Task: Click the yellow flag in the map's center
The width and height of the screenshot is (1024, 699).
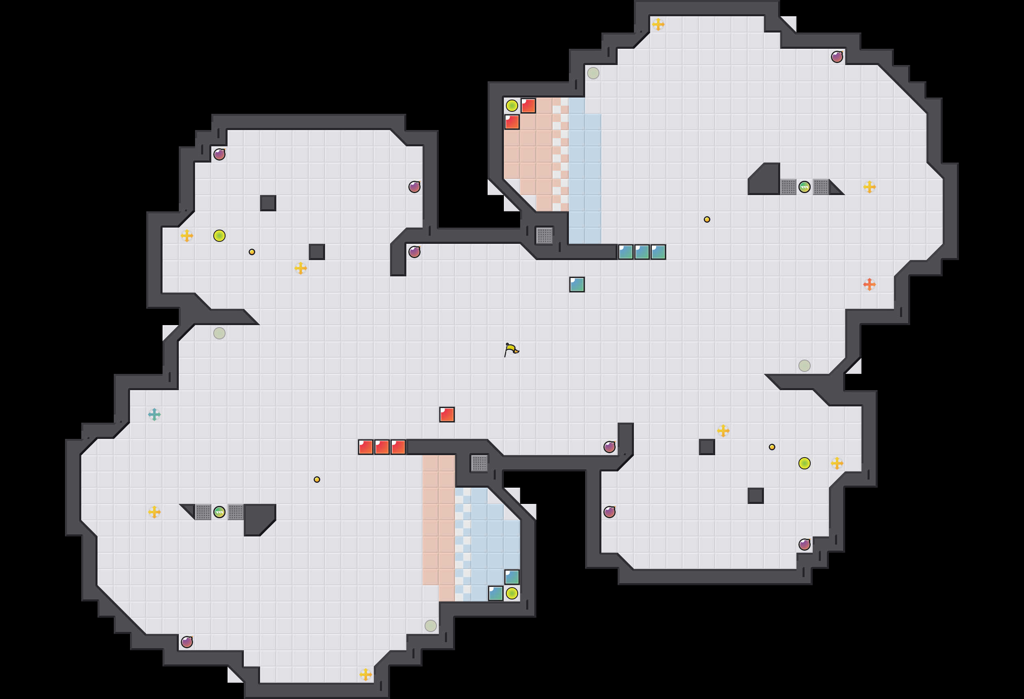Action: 511,349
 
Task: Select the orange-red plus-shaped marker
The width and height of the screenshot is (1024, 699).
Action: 869,284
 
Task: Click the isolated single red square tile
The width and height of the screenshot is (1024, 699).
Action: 447,414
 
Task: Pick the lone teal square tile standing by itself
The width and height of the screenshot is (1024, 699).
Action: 577,284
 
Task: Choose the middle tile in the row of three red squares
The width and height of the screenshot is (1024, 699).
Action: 382,447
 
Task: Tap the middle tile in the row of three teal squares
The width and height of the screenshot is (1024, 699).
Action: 642,252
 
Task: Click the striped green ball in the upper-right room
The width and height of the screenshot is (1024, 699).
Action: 804,187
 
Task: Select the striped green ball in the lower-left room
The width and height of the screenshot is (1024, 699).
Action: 219,512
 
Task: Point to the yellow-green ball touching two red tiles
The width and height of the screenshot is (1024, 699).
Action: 512,106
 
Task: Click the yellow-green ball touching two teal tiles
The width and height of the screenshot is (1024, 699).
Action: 512,593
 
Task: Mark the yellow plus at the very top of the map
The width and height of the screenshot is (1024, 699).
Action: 658,24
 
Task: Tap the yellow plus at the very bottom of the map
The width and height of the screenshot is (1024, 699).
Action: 365,674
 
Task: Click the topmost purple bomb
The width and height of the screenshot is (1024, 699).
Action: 837,57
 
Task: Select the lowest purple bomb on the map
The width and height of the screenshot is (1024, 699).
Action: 187,642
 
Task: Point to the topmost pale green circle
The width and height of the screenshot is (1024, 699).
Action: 593,73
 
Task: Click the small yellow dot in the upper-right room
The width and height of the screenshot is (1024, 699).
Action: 707,219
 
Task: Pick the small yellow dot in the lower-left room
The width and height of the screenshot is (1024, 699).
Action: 317,480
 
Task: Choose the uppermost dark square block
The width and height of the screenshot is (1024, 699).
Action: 268,203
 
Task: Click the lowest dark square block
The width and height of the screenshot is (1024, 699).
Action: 755,495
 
